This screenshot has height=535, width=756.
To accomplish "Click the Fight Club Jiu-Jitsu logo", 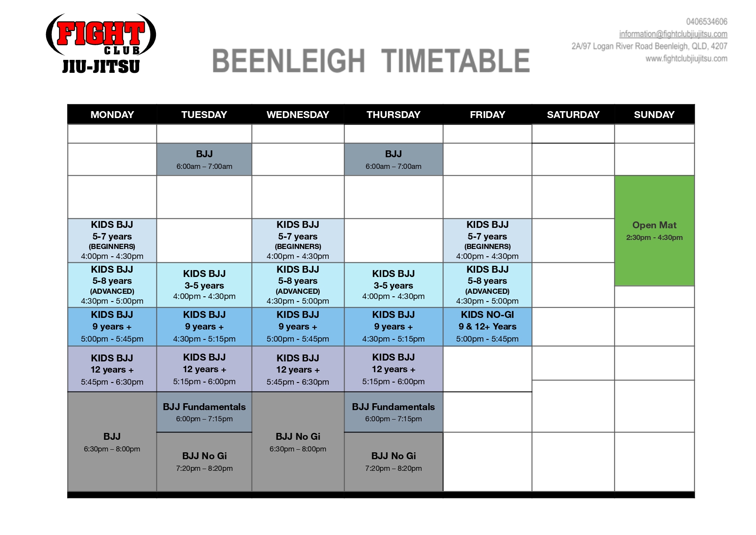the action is click(101, 43).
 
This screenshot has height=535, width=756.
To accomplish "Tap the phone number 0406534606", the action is click(706, 22).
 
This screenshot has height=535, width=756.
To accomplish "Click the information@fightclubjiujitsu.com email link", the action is click(673, 34).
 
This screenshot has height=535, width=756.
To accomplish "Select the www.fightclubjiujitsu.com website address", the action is click(686, 59).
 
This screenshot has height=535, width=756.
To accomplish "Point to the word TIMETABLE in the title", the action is click(456, 61).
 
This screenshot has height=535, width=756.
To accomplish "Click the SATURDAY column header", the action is click(573, 115).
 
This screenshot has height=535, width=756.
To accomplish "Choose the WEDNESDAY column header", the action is click(298, 115).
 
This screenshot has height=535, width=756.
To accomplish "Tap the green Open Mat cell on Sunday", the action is click(654, 230).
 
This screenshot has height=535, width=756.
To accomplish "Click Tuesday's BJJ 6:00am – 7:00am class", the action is click(204, 159).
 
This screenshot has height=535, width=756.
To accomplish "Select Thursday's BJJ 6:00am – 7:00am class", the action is click(393, 159).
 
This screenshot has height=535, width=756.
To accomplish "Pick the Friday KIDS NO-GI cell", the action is click(487, 327).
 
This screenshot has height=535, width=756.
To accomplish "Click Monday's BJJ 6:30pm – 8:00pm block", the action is click(112, 442).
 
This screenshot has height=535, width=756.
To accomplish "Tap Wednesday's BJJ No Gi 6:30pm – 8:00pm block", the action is click(298, 442).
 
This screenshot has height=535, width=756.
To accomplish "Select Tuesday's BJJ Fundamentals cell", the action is click(204, 412).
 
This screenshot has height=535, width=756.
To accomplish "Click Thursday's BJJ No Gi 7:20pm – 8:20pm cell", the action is click(393, 462).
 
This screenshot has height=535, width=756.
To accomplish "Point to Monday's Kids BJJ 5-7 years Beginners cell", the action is click(112, 240).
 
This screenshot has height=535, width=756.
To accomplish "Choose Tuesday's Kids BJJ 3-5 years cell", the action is click(204, 285).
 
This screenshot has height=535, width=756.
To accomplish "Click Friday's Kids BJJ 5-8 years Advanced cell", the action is click(487, 285).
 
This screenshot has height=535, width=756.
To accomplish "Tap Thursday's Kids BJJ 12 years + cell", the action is click(393, 369).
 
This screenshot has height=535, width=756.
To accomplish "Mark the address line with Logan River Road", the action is click(649, 46).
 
